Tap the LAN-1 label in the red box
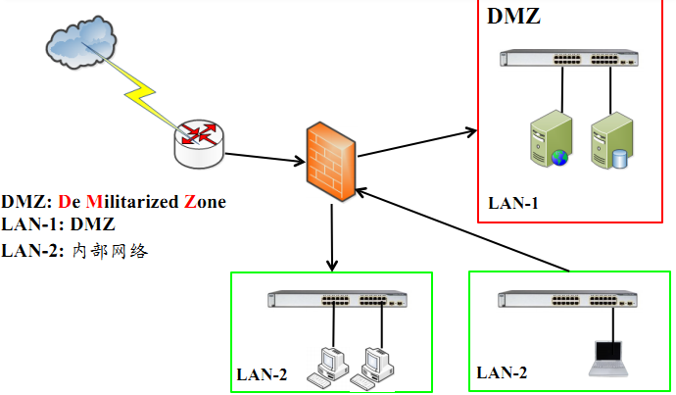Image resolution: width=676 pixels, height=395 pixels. pyautogui.click(x=513, y=204)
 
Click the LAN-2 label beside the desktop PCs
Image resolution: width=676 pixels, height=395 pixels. pyautogui.click(x=262, y=373)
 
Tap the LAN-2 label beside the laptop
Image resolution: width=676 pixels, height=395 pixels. pyautogui.click(x=502, y=372)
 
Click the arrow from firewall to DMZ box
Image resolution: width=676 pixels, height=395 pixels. pyautogui.click(x=415, y=141)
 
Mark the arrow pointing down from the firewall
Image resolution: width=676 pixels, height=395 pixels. pyautogui.click(x=332, y=234)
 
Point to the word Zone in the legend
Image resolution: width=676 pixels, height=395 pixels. pyautogui.click(x=205, y=202)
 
